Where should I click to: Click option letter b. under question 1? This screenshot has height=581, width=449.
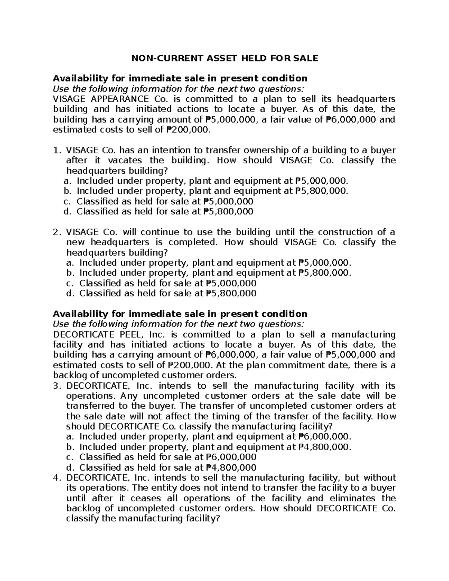coord(67,191)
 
